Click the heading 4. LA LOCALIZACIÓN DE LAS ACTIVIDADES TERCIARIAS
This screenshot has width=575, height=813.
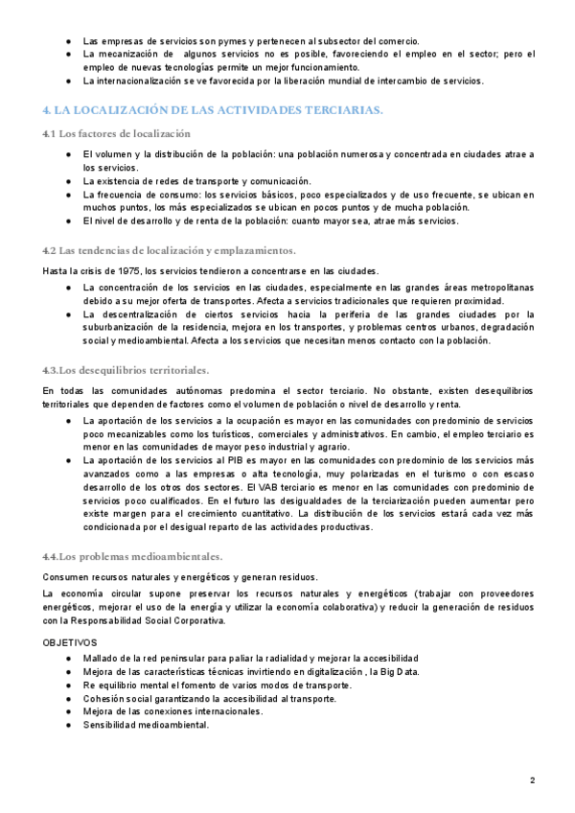click(x=213, y=110)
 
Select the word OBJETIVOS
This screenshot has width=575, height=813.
click(x=70, y=641)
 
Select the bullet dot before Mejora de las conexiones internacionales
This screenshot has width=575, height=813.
click(x=68, y=711)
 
